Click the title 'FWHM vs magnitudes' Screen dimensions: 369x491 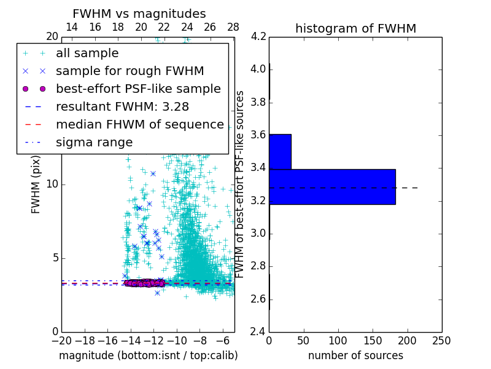tap(139, 14)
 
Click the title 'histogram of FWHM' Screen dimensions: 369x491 tap(355, 28)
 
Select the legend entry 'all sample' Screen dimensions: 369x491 tap(87, 54)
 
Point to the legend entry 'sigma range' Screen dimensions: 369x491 tap(94, 143)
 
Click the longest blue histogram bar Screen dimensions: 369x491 tap(332, 186)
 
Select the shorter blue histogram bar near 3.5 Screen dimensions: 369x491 tap(280, 151)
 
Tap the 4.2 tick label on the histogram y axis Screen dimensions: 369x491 tap(258, 36)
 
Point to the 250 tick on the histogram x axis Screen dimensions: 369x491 tap(441, 341)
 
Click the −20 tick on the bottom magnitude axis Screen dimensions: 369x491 tap(61, 341)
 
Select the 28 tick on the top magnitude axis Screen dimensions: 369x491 tap(233, 27)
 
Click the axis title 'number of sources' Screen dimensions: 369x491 tap(355, 355)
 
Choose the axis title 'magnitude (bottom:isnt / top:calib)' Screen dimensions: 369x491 tap(148, 355)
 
